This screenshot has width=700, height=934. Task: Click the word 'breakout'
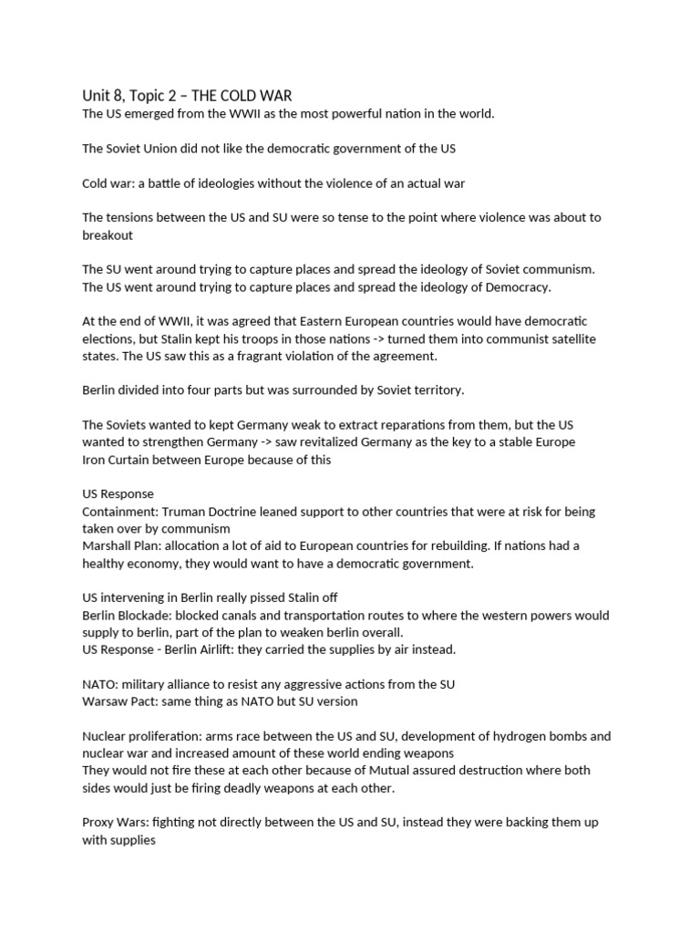click(108, 234)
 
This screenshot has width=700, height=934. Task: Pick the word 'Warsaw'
click(104, 701)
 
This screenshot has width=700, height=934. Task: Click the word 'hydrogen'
click(515, 735)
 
